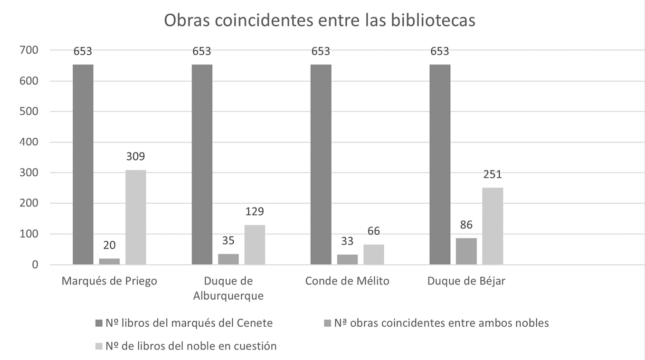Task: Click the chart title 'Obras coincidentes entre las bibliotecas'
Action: (x=319, y=21)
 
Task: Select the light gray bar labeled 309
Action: (x=136, y=217)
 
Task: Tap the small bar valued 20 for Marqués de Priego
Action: (x=109, y=261)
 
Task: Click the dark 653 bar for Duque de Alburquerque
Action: (x=202, y=164)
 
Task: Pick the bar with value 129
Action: (x=255, y=245)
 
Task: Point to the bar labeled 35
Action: (x=228, y=259)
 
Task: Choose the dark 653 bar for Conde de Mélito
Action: (x=321, y=164)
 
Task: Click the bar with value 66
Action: (x=374, y=255)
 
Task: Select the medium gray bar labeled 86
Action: (x=466, y=251)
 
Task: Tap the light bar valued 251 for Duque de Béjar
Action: (x=493, y=226)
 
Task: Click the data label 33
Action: (x=347, y=241)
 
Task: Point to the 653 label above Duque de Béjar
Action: (x=439, y=51)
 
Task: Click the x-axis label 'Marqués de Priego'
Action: (x=109, y=281)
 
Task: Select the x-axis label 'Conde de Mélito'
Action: (x=347, y=281)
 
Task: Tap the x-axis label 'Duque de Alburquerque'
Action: (x=228, y=288)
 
